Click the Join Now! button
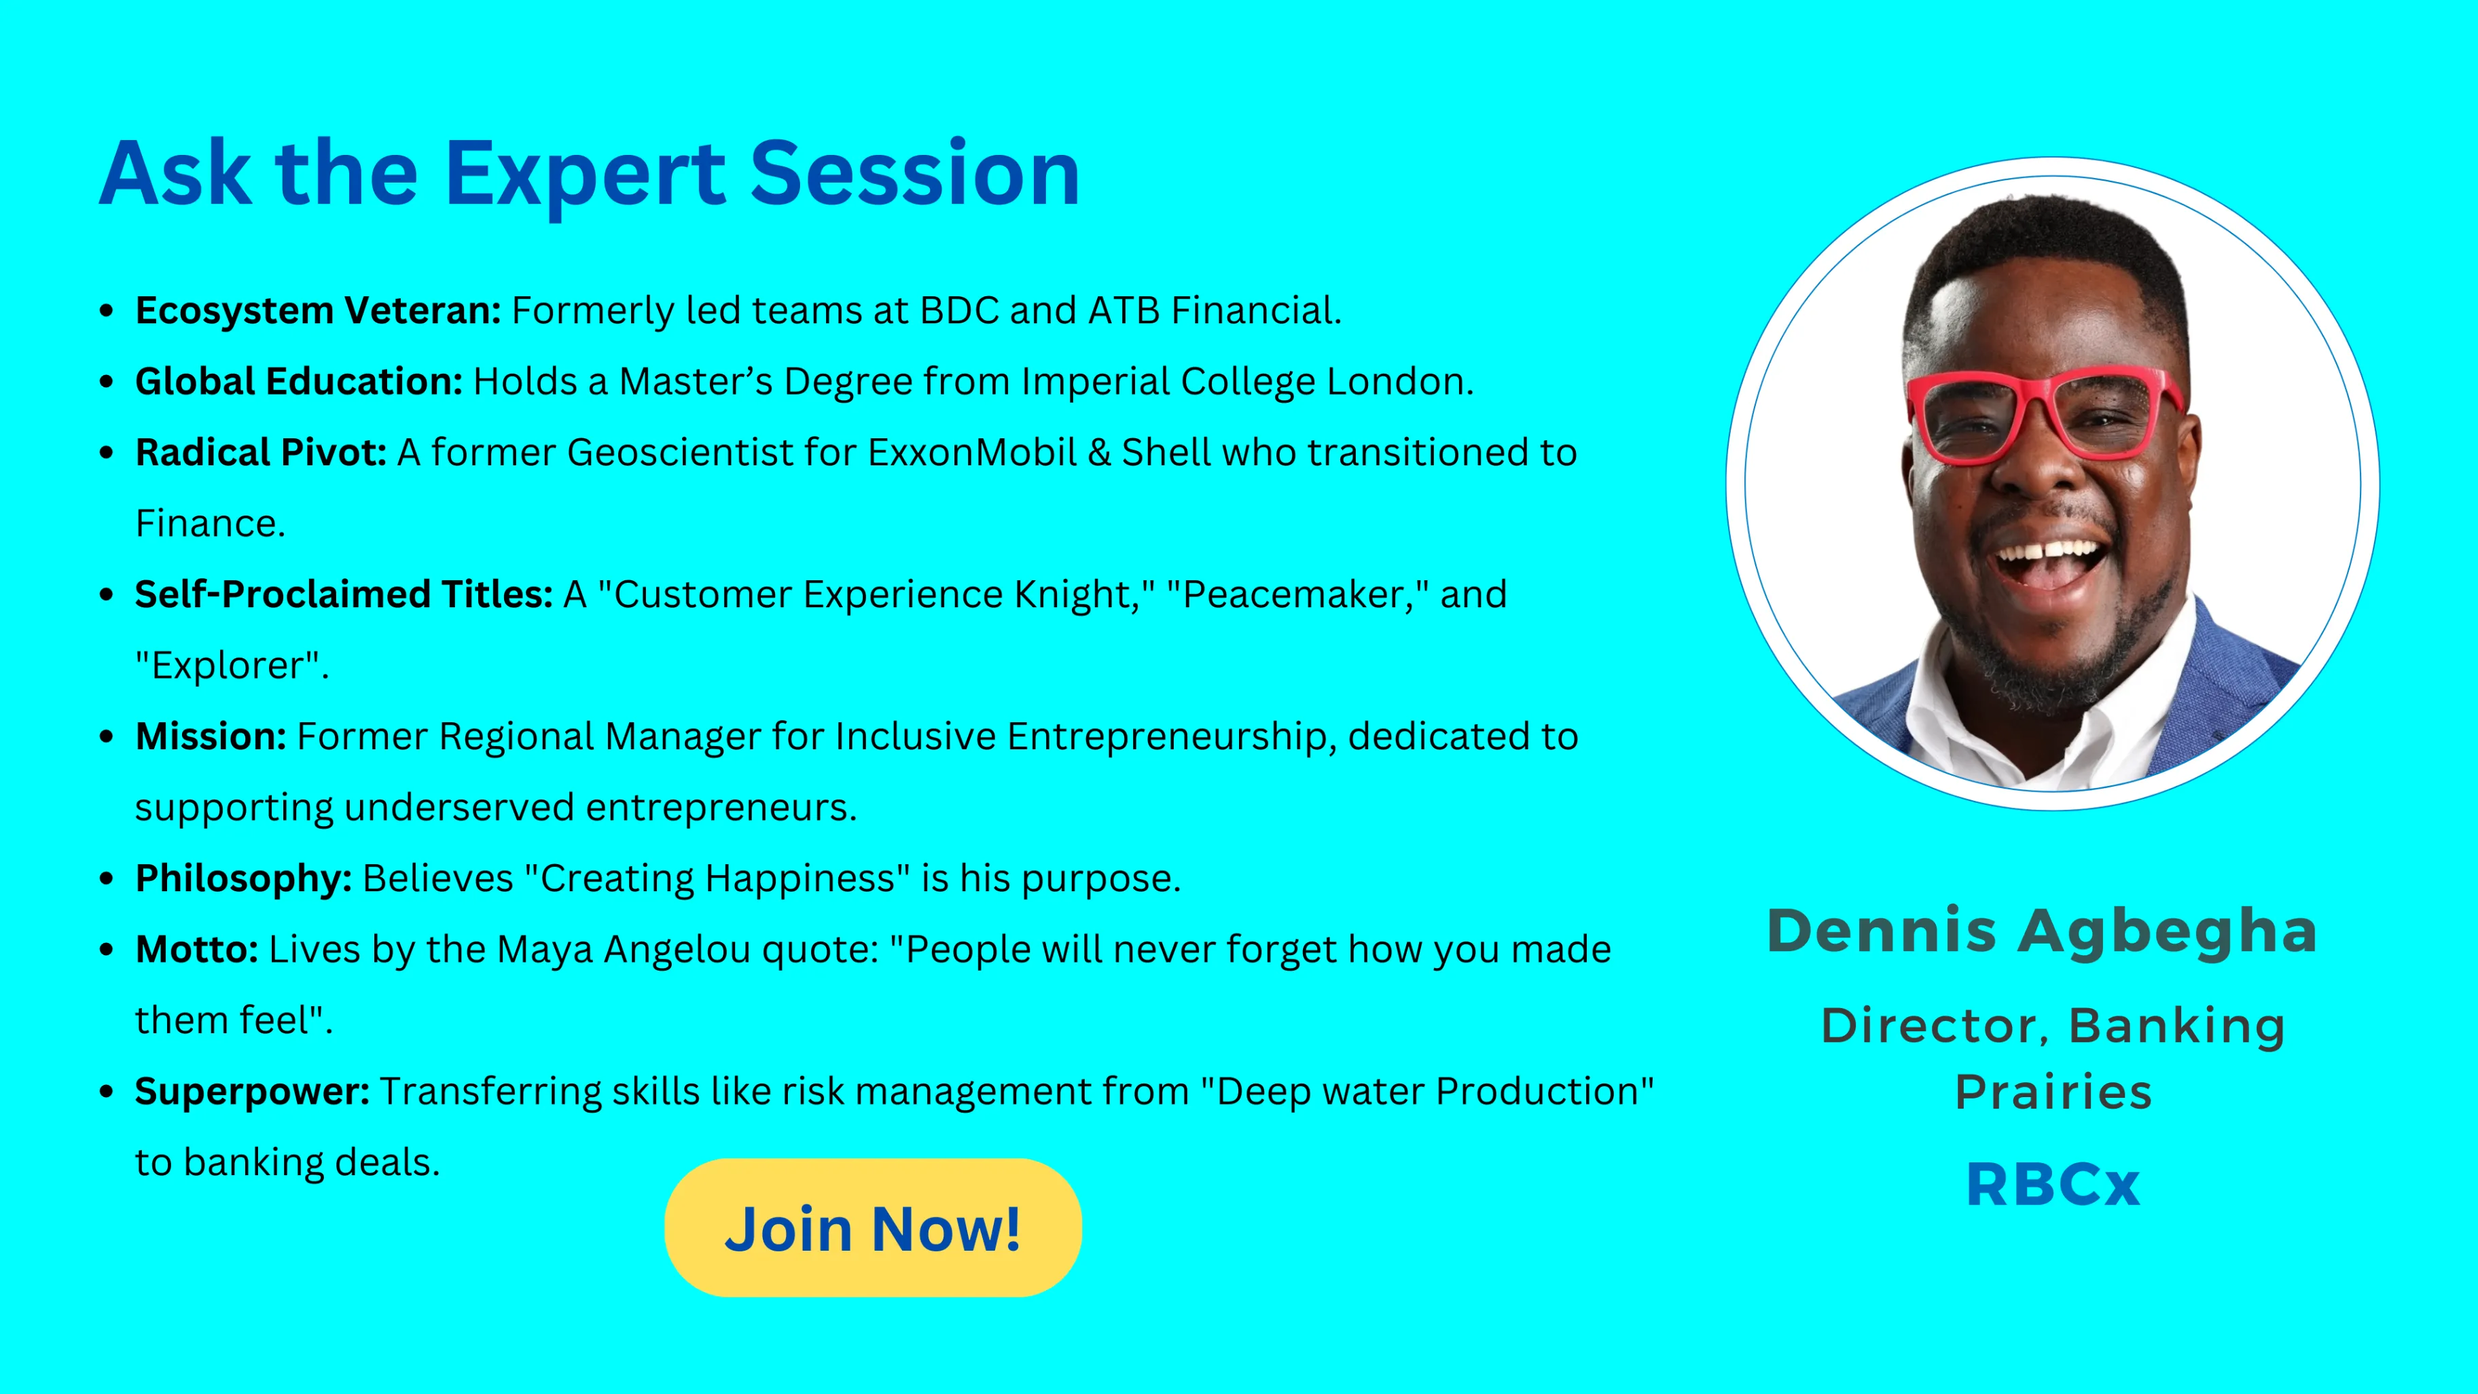872,1228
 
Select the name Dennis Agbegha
2041,932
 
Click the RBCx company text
2053,1184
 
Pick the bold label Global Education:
299,382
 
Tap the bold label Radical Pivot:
261,452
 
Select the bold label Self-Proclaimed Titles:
344,594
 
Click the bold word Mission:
211,736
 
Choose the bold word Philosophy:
243,879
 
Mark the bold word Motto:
196,950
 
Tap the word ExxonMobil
971,452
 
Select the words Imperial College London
1248,382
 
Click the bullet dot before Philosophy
107,879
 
